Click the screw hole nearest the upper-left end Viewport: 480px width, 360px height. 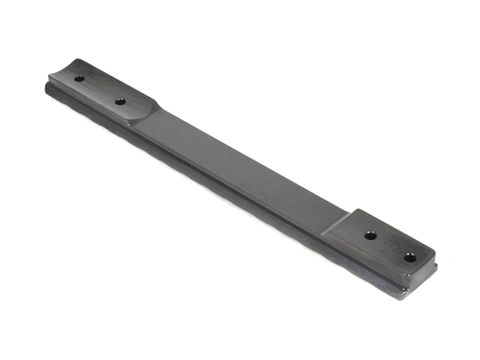pyautogui.click(x=79, y=79)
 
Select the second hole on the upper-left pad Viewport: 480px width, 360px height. pyautogui.click(x=121, y=101)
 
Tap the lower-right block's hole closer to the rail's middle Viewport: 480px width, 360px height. pyautogui.click(x=371, y=235)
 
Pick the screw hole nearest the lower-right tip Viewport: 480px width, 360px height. pyautogui.click(x=410, y=257)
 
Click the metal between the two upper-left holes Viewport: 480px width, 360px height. pyautogui.click(x=100, y=89)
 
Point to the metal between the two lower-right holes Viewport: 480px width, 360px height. pyautogui.click(x=390, y=246)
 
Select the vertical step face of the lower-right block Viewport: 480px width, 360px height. pyautogui.click(x=336, y=227)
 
